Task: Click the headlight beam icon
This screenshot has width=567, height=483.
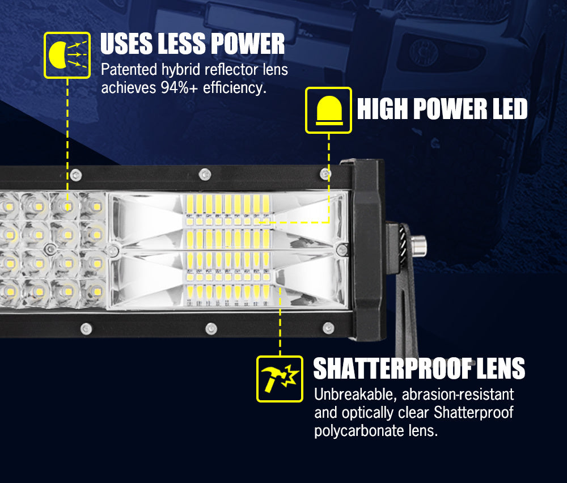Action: tap(67, 55)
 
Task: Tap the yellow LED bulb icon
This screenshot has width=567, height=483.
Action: tap(328, 110)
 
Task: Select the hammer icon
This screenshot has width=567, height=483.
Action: tap(279, 379)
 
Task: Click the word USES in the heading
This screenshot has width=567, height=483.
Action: tap(128, 44)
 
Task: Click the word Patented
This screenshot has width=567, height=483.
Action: tap(128, 70)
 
